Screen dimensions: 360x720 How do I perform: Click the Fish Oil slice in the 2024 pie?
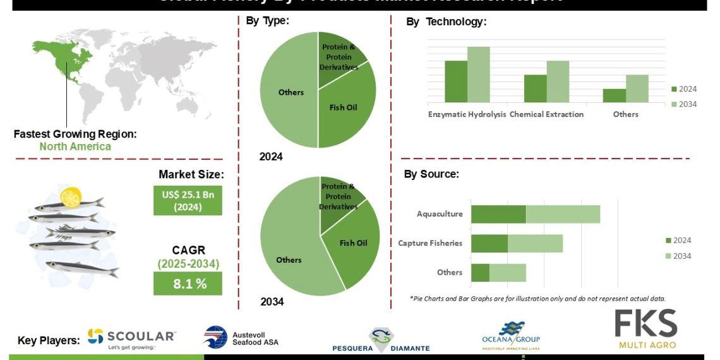pyautogui.click(x=344, y=114)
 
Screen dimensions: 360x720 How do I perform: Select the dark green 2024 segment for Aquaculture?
pyautogui.click(x=498, y=214)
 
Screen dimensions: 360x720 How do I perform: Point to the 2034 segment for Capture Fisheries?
pyautogui.click(x=535, y=243)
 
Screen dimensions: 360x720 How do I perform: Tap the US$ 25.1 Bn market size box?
pyautogui.click(x=188, y=200)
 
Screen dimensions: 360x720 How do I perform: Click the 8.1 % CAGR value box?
pyautogui.click(x=188, y=284)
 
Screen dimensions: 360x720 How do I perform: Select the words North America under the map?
pyautogui.click(x=75, y=147)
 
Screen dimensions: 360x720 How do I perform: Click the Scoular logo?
pyautogui.click(x=131, y=339)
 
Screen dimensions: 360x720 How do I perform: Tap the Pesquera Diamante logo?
pyautogui.click(x=381, y=340)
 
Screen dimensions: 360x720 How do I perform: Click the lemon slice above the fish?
pyautogui.click(x=70, y=197)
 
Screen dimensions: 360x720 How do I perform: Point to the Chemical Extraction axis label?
pyautogui.click(x=546, y=114)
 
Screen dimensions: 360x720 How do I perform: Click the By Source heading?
pyautogui.click(x=431, y=174)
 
